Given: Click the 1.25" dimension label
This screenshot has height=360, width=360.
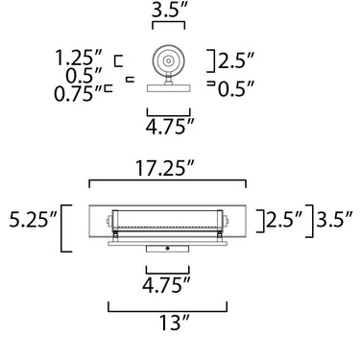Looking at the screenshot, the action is pos(79,58).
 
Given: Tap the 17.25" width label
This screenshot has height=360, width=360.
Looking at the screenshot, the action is pos(165,168).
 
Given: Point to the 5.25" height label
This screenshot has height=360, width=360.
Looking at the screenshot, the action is pos(33,219).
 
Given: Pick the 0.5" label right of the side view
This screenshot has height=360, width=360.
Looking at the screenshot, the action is pos(236,89).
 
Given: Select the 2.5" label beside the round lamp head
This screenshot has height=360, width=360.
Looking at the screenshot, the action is pos(236,60).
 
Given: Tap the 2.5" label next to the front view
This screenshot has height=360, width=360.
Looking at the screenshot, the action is pos(284,219).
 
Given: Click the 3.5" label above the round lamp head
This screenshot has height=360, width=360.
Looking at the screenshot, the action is pos(169,11).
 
